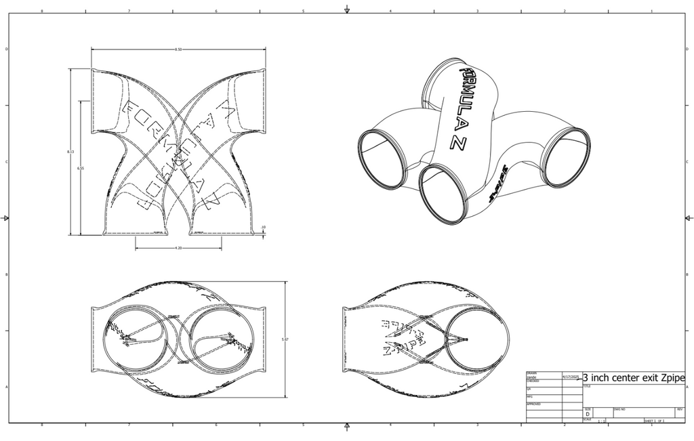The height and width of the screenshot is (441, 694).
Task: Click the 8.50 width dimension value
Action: tap(178, 49)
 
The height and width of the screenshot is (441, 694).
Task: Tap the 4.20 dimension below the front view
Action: tap(178, 248)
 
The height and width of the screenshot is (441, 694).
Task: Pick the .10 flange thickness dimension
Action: tap(263, 228)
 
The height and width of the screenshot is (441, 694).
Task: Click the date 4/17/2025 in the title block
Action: tap(571, 376)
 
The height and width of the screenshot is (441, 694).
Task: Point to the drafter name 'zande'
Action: tap(532, 377)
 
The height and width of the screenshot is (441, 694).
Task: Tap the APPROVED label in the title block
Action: tap(533, 404)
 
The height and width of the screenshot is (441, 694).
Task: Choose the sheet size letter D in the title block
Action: tap(588, 413)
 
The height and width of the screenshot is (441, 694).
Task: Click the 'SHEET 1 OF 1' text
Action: tap(654, 421)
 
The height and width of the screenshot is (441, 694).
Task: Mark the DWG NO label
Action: tap(619, 409)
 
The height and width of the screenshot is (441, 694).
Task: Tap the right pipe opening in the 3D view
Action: tap(566, 158)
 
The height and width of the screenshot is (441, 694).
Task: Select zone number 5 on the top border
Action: tap(303, 12)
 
